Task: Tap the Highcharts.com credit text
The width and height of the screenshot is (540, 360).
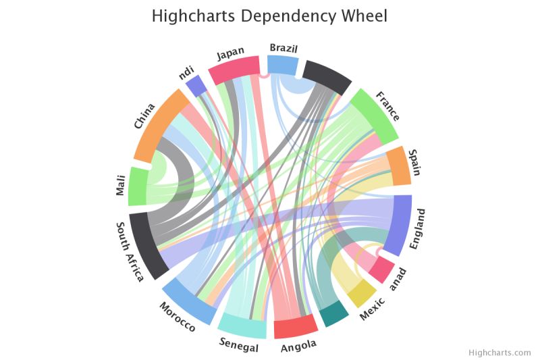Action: coord(500,352)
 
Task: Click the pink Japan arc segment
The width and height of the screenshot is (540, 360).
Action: coord(234,70)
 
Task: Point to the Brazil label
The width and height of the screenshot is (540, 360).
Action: coord(283,48)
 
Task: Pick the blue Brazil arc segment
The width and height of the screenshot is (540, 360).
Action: coord(283,65)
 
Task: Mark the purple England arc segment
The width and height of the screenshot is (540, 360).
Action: coord(402,225)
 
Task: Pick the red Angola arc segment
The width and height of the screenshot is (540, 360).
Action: coord(296,327)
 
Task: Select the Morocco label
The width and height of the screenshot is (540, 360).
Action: coord(178,317)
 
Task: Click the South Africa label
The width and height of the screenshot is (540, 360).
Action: coord(129,251)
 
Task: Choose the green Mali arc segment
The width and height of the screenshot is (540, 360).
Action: coord(138,186)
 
